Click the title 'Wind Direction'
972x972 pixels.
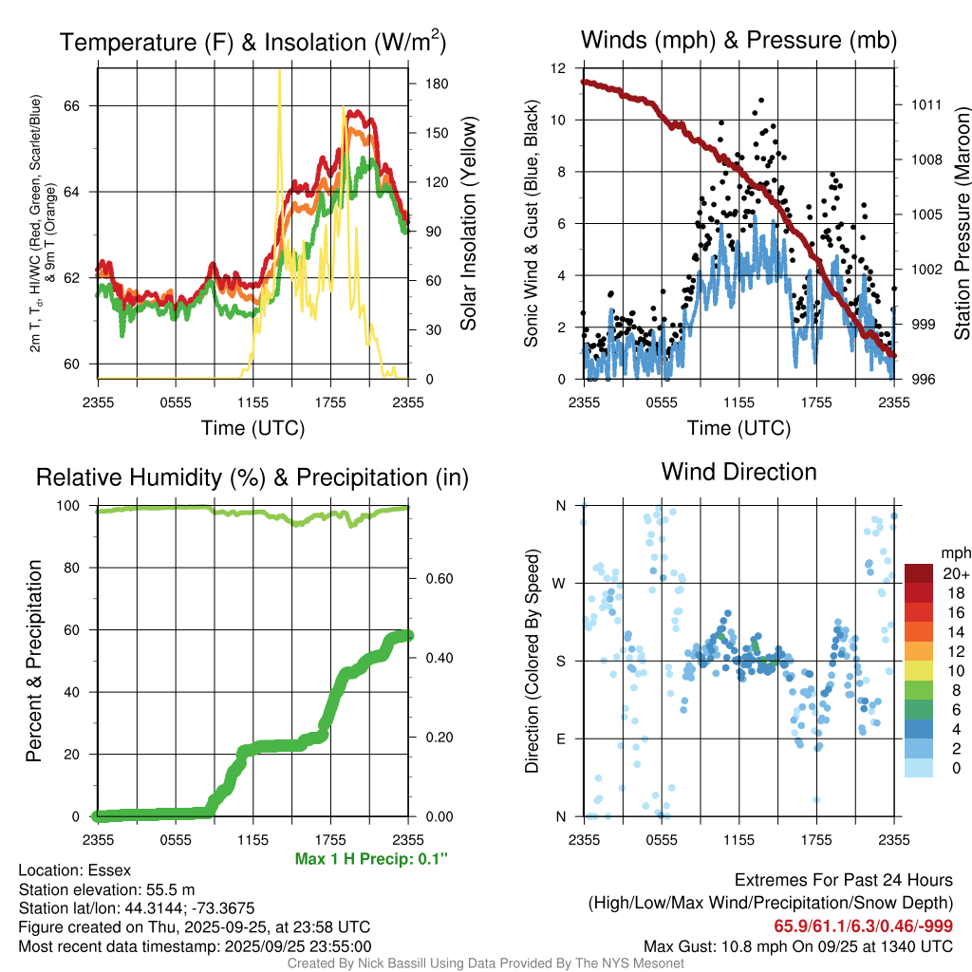738,472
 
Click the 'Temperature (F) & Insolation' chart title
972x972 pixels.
253,43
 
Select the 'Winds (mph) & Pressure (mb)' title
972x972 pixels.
738,40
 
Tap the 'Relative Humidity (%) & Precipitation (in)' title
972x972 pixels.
252,477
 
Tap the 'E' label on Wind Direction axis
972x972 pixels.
560,738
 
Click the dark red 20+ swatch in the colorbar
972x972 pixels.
920,573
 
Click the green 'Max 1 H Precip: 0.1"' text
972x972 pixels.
371,859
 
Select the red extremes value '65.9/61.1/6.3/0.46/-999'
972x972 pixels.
864,926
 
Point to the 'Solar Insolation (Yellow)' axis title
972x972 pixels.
469,224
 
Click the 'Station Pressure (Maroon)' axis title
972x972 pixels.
961,224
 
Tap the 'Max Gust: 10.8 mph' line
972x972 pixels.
798,945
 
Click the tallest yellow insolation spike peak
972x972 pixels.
279,71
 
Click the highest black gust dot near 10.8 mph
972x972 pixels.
761,100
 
